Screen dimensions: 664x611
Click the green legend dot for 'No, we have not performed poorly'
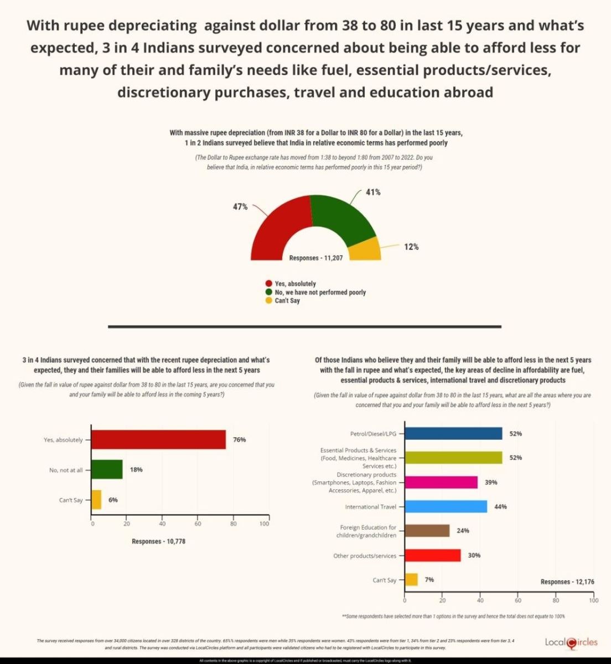click(x=269, y=292)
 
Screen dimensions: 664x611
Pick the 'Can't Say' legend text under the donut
click(x=287, y=300)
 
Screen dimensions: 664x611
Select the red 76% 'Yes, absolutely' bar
click(x=158, y=439)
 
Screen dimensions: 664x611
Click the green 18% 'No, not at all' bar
click(x=107, y=469)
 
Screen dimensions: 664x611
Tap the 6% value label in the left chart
click(x=113, y=500)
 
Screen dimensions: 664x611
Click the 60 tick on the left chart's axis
click(x=198, y=523)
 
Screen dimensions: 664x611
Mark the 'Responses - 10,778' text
click(x=158, y=541)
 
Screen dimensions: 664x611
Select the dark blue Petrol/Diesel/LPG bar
click(x=453, y=433)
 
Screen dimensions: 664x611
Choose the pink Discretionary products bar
click(x=441, y=482)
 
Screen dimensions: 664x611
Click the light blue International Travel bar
click(x=446, y=506)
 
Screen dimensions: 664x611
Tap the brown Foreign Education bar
click(x=427, y=531)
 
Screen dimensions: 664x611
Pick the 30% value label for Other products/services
click(x=474, y=555)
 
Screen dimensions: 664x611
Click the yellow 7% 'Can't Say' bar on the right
click(x=411, y=579)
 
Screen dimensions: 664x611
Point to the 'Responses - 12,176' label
click(x=567, y=582)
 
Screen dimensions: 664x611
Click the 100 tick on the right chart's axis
click(x=593, y=600)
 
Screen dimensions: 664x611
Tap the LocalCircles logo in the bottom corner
click(x=571, y=642)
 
